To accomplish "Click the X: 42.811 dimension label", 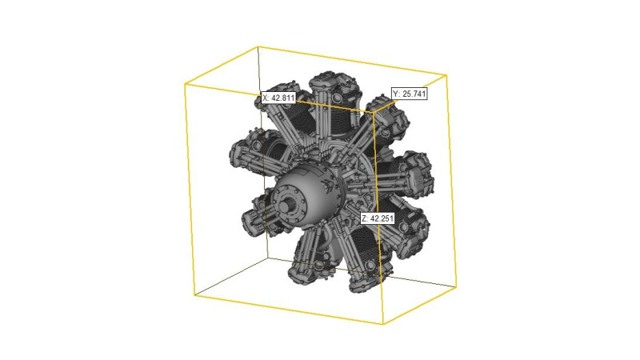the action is (x=278, y=98).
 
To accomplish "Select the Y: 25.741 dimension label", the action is (x=410, y=94).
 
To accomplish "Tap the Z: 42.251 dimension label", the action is (x=378, y=218).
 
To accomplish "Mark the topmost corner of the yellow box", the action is (x=258, y=47).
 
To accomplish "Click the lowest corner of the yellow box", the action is (x=383, y=324).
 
